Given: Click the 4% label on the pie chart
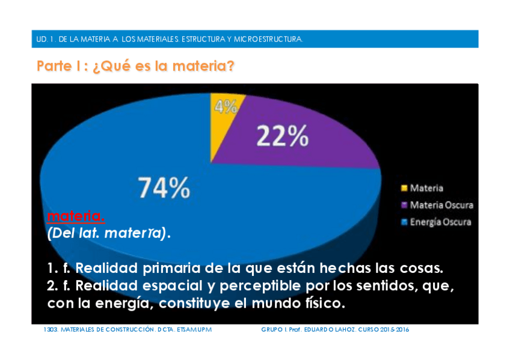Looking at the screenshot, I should (226, 106).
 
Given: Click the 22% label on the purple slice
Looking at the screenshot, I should (283, 137).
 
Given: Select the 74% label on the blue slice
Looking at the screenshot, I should (164, 188).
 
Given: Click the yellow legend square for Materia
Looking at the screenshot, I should (404, 188).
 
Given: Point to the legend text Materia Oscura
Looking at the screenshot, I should (441, 205).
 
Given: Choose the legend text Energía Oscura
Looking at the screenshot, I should (441, 222).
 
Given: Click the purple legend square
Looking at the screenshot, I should (404, 205).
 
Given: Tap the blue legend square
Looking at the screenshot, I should (404, 222).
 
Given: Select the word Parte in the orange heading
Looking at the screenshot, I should (54, 66).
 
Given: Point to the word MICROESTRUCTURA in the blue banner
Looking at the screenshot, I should (272, 39).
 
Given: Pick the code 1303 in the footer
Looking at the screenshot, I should (51, 330).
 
